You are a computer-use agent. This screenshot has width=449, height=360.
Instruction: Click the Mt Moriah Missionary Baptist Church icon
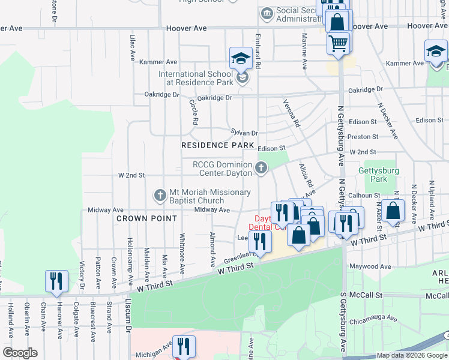160,196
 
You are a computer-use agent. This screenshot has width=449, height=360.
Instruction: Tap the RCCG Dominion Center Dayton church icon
261,168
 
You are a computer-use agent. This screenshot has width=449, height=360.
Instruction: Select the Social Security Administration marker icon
266,13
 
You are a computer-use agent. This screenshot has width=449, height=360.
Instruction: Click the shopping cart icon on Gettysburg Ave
339,43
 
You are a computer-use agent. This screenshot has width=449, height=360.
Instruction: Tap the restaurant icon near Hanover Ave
56,281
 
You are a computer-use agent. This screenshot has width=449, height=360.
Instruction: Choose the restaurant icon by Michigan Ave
183,346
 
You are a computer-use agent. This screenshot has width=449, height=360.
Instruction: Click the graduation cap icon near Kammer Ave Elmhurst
241,59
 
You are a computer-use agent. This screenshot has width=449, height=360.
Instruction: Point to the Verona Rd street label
292,113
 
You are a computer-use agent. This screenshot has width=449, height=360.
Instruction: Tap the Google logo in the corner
19,353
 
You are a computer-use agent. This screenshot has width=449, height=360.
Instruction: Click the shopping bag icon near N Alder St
394,211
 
